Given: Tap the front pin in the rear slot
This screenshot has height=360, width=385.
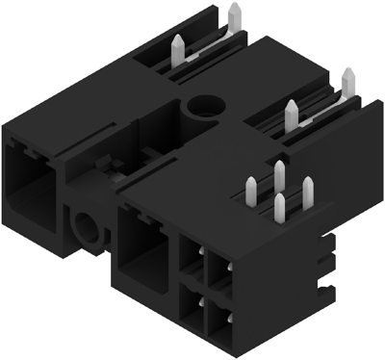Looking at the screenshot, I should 179,48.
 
